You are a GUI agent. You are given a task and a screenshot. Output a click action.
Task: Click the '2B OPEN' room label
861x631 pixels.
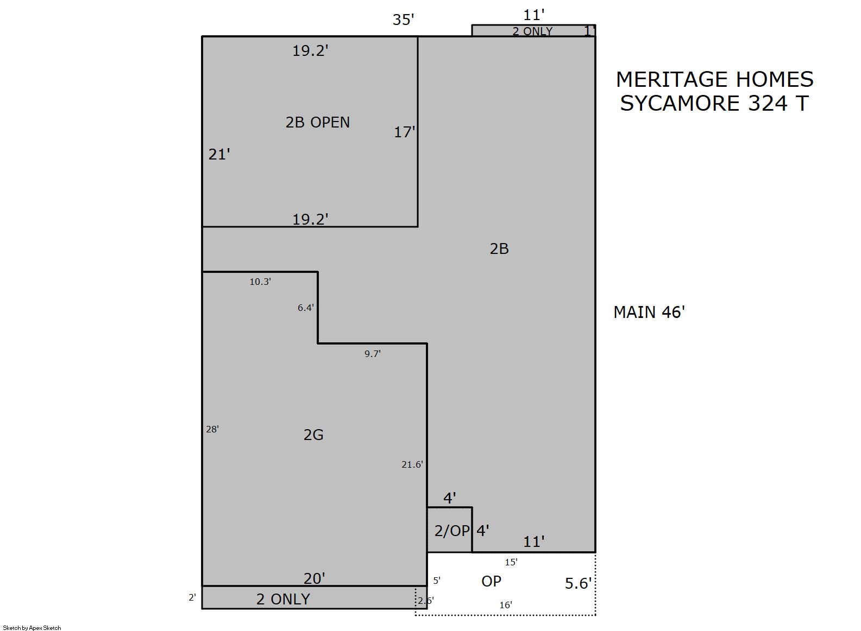point(317,123)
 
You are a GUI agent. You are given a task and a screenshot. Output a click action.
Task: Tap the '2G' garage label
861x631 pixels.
point(313,435)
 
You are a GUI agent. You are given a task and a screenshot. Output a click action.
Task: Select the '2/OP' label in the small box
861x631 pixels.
point(452,531)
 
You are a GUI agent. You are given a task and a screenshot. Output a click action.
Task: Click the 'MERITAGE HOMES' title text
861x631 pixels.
point(714,79)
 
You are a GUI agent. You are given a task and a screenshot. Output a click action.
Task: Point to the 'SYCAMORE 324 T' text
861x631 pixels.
point(714,103)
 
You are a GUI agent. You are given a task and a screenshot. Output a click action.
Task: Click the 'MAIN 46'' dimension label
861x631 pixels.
point(649,312)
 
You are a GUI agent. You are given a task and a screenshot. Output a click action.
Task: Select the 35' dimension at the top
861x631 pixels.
point(403,20)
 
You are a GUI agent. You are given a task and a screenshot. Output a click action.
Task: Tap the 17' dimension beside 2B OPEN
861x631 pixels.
point(405,132)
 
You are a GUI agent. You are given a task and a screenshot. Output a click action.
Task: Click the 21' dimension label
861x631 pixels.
point(219,154)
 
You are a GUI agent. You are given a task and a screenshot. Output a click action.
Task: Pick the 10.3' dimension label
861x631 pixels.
point(260,282)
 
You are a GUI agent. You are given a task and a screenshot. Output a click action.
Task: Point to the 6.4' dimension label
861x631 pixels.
point(306,308)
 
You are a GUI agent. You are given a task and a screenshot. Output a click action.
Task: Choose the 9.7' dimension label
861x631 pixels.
point(373,354)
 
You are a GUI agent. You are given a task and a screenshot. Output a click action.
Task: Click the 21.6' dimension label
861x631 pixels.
point(412,464)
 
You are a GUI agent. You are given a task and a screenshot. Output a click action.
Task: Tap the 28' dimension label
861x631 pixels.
point(212,429)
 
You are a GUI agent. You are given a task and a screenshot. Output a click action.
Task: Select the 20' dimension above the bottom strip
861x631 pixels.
point(315,578)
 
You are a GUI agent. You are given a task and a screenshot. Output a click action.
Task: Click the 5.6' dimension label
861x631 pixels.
point(578,583)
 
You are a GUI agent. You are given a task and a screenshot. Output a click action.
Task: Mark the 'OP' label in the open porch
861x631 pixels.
point(491,582)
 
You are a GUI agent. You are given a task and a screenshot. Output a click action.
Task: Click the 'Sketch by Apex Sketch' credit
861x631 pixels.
point(32,628)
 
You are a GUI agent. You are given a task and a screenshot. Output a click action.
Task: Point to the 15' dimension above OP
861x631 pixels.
point(511,562)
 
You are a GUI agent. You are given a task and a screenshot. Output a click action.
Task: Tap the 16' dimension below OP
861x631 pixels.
point(505,605)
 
